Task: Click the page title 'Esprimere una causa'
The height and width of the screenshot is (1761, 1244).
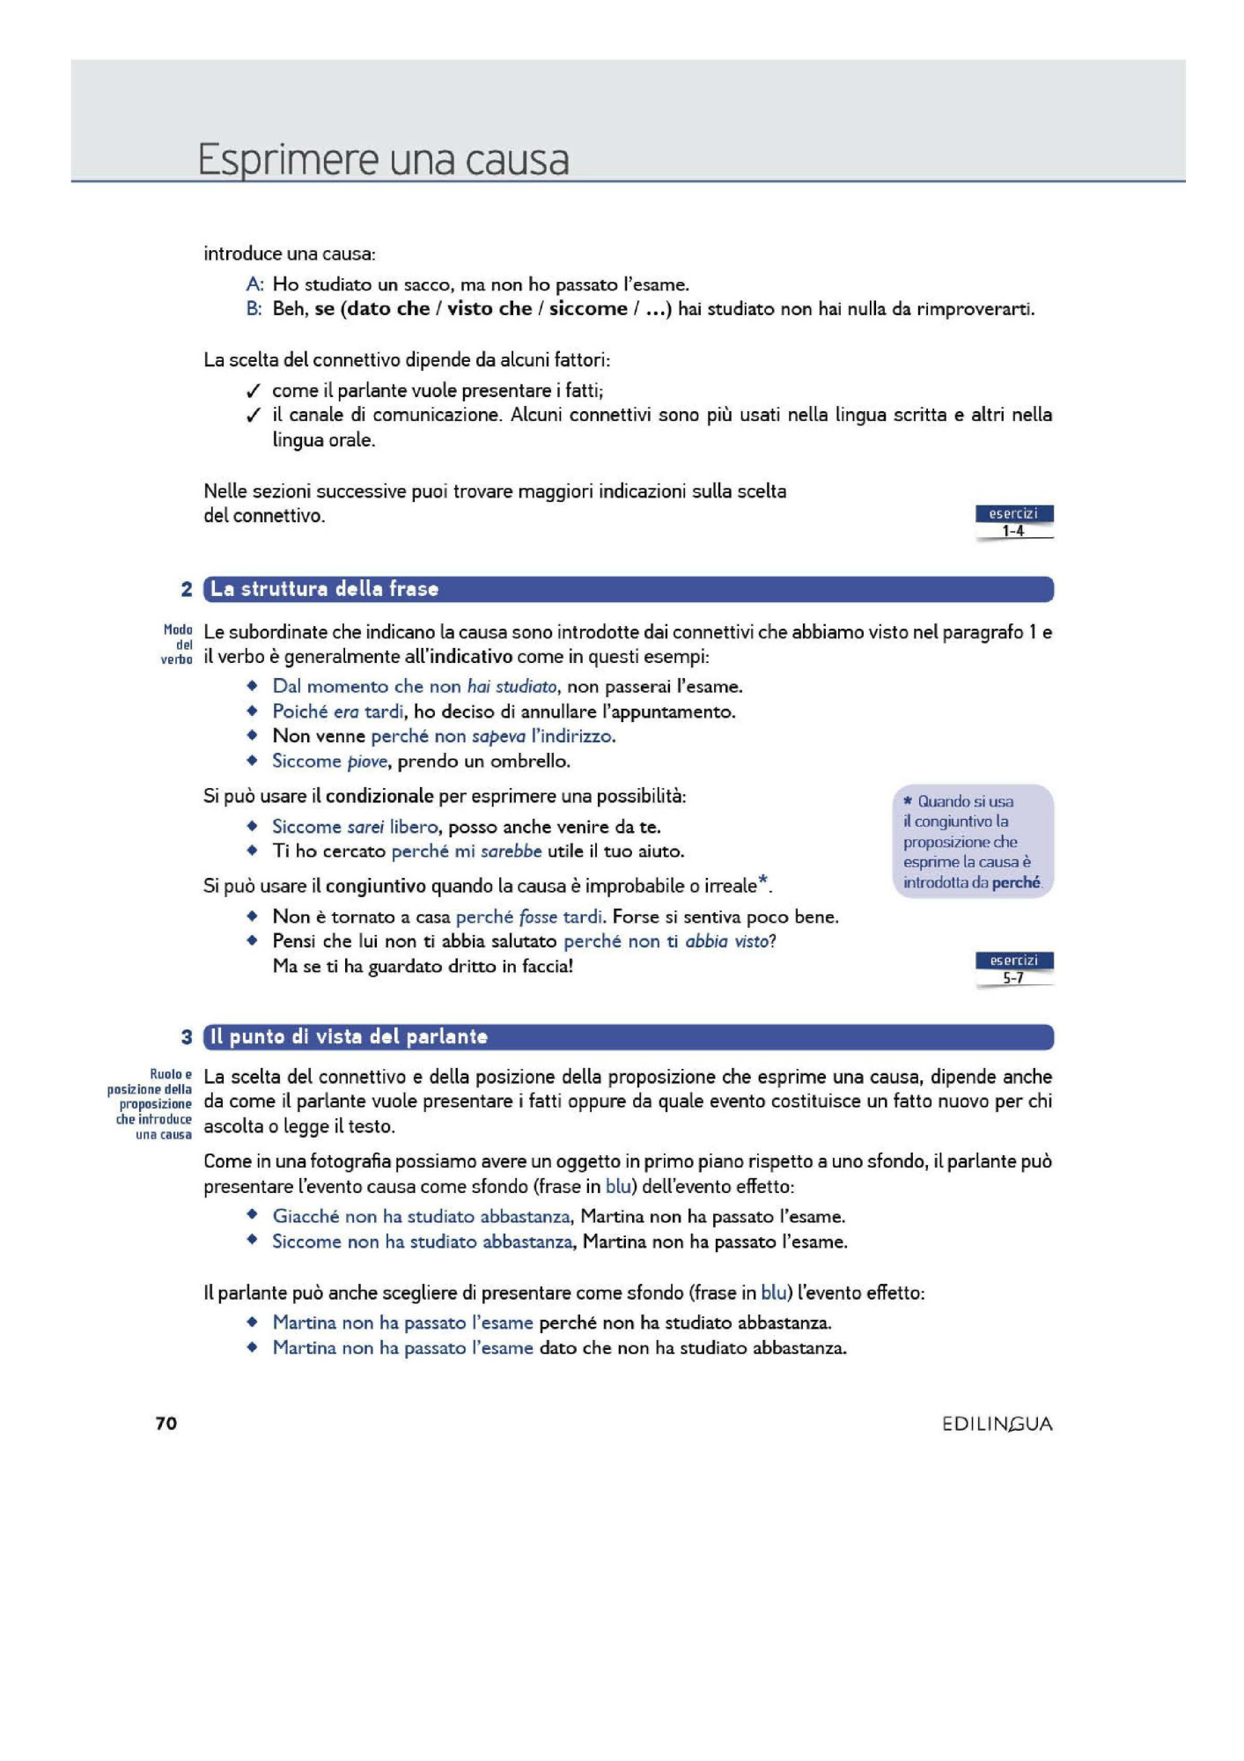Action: click(383, 159)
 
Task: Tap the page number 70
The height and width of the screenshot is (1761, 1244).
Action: click(166, 1424)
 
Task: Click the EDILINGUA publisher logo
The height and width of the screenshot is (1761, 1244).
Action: click(997, 1424)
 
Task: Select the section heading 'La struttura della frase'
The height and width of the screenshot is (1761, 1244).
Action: click(324, 589)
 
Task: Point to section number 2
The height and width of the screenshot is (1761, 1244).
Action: click(187, 589)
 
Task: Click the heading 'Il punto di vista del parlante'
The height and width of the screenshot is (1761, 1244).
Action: click(349, 1036)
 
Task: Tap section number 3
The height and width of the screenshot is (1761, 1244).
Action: click(187, 1036)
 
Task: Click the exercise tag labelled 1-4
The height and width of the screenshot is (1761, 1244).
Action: click(1013, 522)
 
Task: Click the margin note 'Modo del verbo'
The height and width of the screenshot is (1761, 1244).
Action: click(177, 645)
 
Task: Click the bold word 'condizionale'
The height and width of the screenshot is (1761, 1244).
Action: click(379, 796)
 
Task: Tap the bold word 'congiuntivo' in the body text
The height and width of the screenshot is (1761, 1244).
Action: click(376, 886)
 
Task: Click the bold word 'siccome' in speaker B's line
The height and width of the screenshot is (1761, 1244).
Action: click(588, 309)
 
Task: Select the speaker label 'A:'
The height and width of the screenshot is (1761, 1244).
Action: click(254, 284)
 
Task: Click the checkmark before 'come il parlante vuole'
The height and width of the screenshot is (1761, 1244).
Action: click(254, 391)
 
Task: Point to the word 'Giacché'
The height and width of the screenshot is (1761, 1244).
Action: click(305, 1216)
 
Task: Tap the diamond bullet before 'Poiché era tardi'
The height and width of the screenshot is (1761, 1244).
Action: click(253, 711)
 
